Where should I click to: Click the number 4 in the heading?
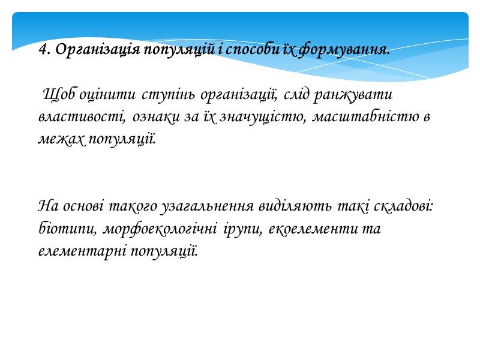coord(42,50)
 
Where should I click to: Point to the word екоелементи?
coord(310,229)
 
